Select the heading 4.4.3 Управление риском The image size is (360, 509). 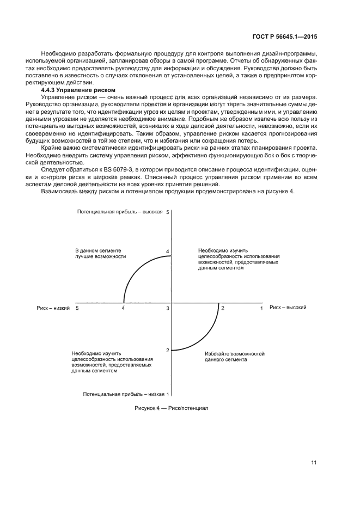pyautogui.click(x=78, y=89)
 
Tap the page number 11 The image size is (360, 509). pyautogui.click(x=314, y=463)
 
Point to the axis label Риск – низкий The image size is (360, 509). pyautogui.click(x=54, y=308)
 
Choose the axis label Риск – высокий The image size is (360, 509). pyautogui.click(x=288, y=308)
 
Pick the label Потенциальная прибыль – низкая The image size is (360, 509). pyautogui.click(x=123, y=394)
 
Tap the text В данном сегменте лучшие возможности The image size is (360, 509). pyautogui.click(x=101, y=253)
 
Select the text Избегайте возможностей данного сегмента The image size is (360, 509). pyautogui.click(x=235, y=357)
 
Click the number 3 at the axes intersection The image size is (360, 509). pyautogui.click(x=168, y=309)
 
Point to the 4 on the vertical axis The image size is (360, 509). pyautogui.click(x=168, y=252)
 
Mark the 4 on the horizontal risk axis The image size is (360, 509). pyautogui.click(x=123, y=309)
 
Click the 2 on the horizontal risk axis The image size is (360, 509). pyautogui.click(x=222, y=308)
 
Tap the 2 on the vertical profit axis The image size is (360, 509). pyautogui.click(x=168, y=350)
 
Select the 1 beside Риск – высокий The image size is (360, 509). pyautogui.click(x=261, y=308)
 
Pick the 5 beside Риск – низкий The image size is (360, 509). pyautogui.click(x=77, y=309)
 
